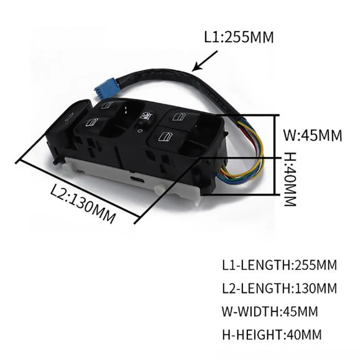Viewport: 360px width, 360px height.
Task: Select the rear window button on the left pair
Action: pyautogui.click(x=108, y=106)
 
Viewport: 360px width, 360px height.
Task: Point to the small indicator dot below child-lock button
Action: pyautogui.click(x=140, y=130)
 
